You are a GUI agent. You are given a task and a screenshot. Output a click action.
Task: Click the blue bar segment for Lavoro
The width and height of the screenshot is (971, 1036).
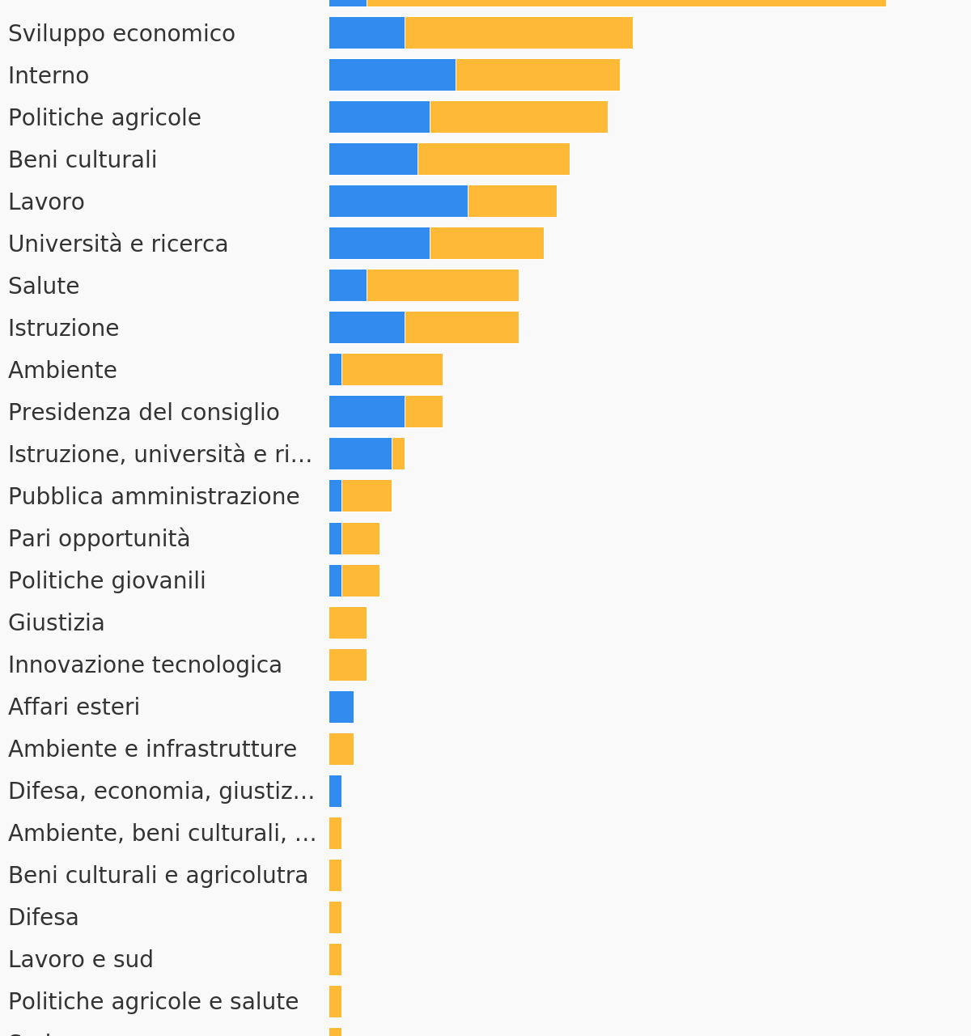398,202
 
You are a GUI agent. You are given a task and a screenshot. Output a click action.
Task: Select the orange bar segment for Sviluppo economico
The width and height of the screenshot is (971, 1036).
518,33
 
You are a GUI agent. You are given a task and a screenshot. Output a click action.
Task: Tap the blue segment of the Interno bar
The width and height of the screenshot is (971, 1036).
392,75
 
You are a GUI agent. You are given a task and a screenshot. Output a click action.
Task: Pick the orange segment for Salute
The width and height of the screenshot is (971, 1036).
442,286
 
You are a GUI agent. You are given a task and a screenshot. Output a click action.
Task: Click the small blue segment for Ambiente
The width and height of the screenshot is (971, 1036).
335,370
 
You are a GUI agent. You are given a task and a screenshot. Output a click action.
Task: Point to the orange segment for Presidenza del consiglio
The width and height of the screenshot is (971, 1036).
423,412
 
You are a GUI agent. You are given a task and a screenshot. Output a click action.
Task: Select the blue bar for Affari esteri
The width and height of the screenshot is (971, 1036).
341,707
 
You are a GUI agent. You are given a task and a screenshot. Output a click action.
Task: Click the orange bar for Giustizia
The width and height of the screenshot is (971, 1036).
347,622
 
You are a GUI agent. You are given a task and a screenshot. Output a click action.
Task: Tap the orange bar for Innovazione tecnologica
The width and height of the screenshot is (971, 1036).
347,664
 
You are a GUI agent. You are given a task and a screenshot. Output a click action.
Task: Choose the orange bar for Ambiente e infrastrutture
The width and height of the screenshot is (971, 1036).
341,749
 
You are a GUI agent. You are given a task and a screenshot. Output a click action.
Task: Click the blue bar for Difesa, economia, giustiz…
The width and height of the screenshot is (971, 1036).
335,791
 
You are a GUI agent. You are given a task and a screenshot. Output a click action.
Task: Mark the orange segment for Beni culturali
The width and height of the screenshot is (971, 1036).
493,159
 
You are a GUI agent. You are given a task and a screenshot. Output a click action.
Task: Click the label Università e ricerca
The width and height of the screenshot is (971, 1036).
118,244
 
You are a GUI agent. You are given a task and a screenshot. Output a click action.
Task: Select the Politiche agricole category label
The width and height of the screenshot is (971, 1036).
104,117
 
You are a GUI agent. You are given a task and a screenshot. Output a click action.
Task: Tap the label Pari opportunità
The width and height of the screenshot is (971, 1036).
99,538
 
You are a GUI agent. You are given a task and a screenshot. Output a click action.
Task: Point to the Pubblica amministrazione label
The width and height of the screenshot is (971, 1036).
154,496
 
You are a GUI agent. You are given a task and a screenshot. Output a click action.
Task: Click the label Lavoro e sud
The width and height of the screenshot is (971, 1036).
80,959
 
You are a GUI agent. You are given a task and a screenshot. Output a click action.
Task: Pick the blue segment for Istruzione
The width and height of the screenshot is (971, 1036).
367,328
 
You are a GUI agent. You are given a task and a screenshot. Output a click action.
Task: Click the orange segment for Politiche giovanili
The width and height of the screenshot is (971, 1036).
360,580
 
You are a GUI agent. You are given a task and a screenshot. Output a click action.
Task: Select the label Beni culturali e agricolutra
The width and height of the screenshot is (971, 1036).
158,875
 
